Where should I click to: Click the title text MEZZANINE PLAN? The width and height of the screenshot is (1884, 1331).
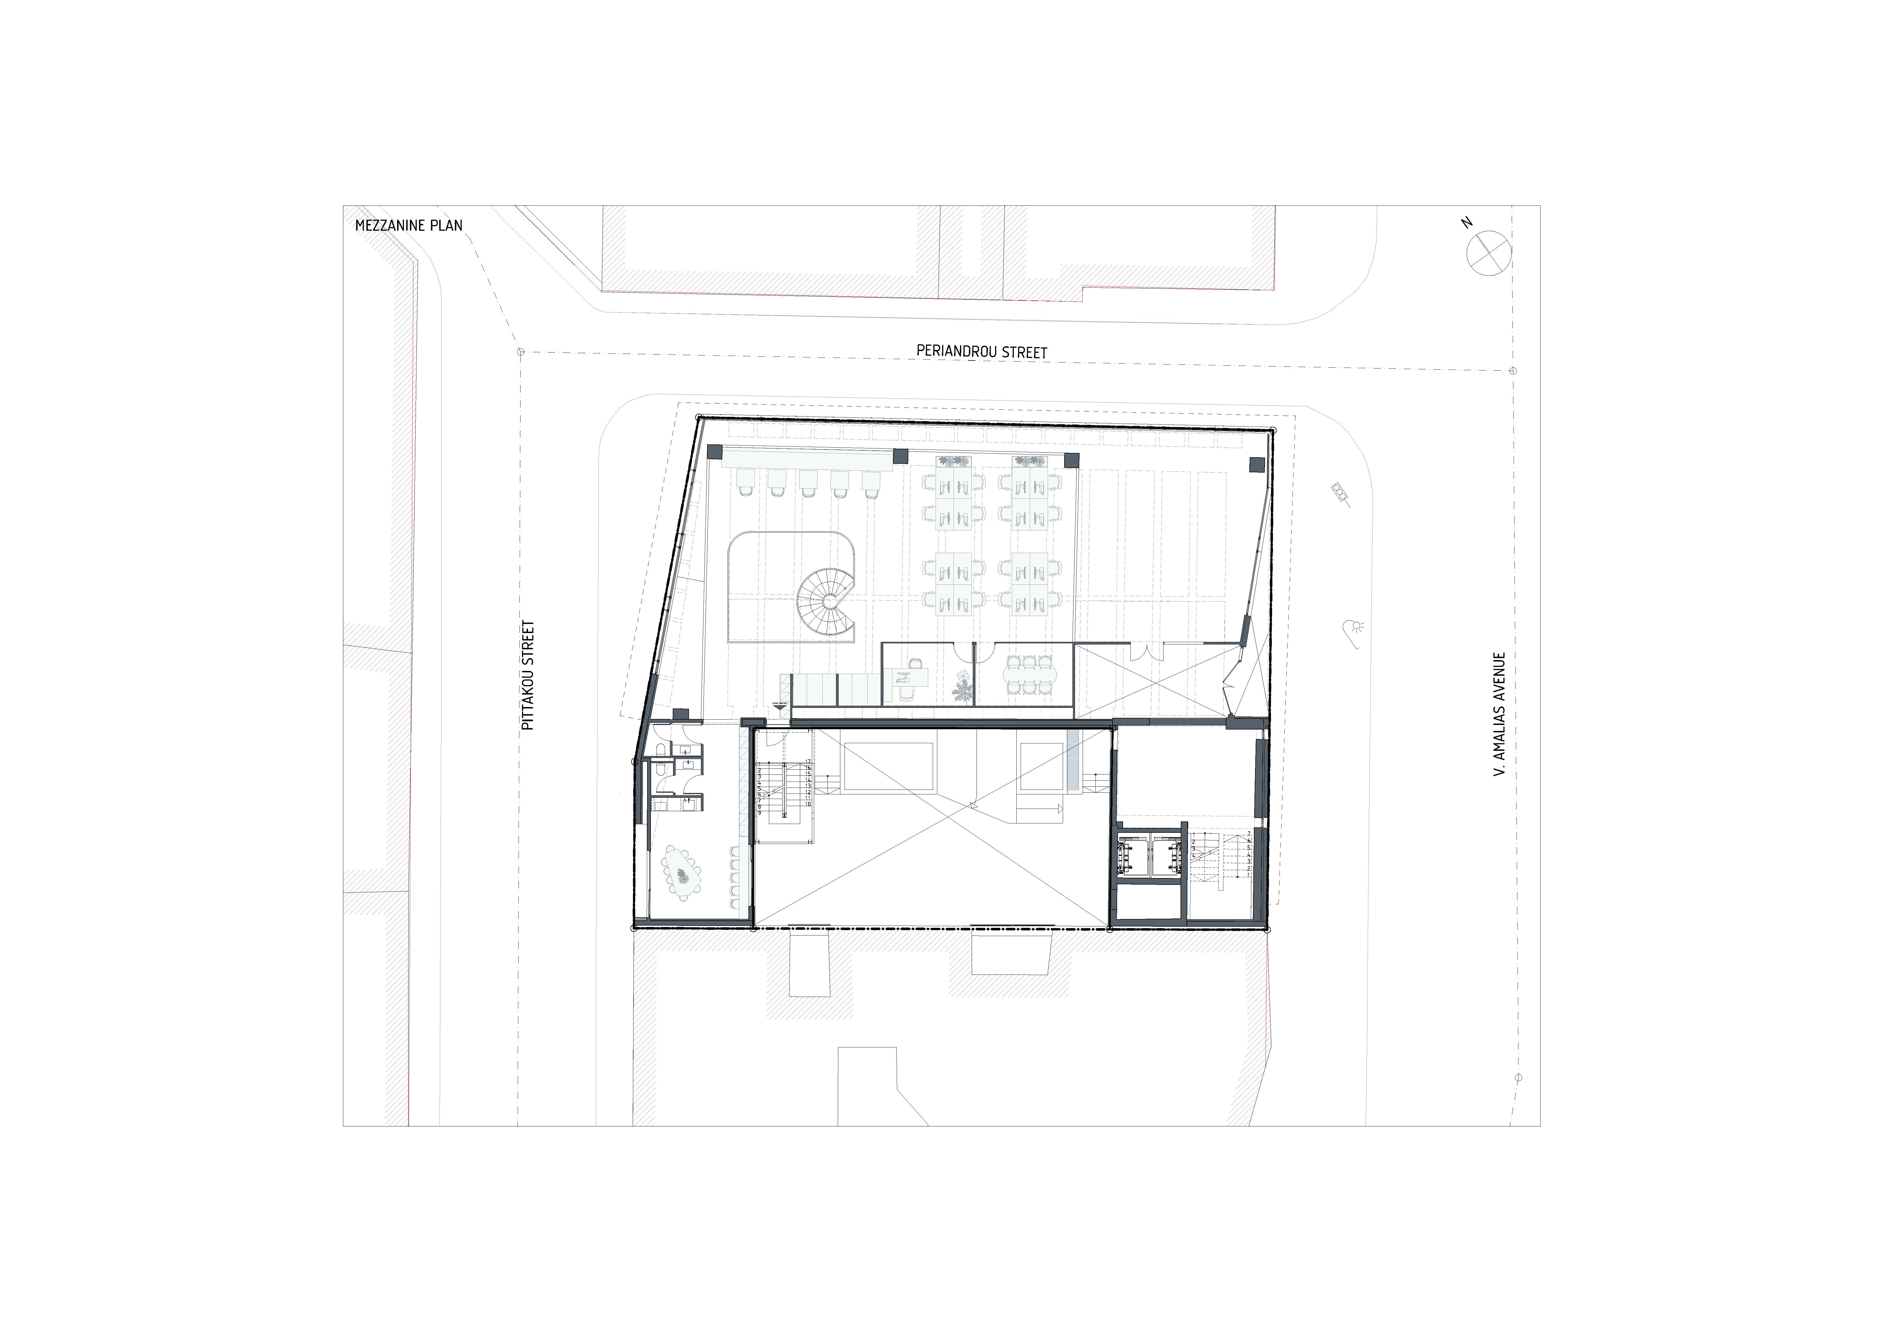(409, 226)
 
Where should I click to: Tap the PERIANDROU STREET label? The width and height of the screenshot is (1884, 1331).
(981, 352)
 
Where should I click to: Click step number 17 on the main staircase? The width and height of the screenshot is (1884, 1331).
(808, 761)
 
